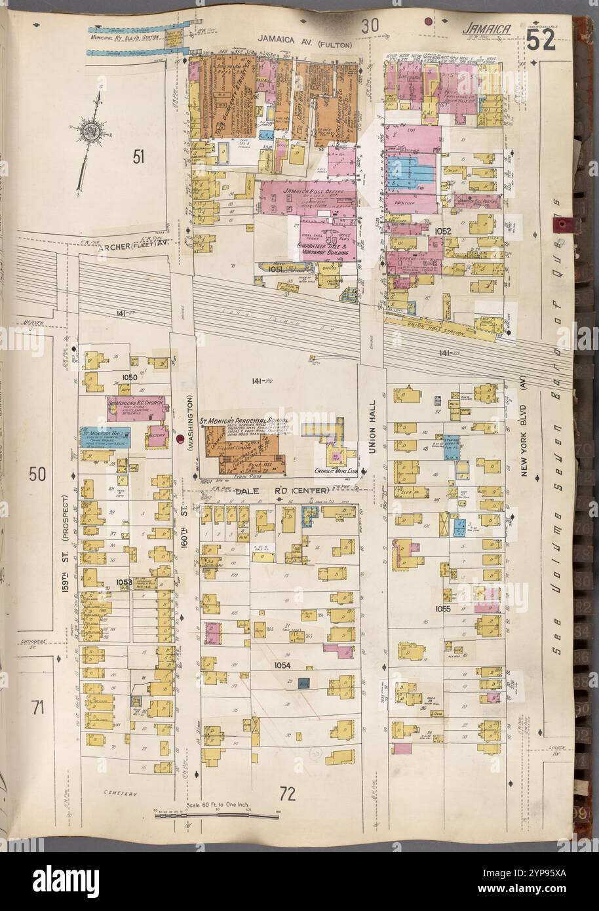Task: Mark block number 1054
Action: [x=281, y=665]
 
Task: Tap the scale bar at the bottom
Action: [x=216, y=817]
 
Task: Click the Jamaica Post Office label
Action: [x=304, y=189]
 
